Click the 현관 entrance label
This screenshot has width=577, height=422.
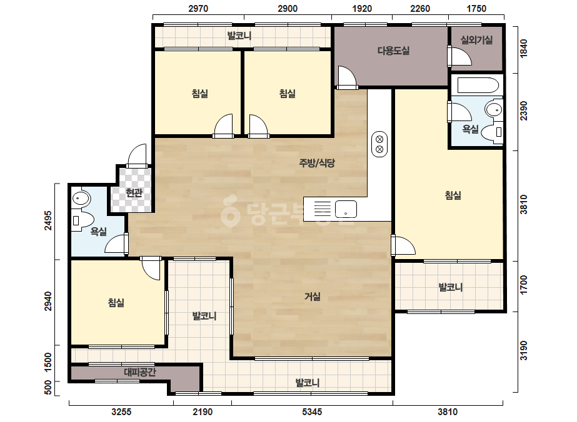click(x=134, y=193)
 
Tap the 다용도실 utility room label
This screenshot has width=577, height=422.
click(x=393, y=51)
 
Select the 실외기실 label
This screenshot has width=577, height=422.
click(x=476, y=40)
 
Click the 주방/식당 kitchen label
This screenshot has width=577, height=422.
click(x=317, y=163)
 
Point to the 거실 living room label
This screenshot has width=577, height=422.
click(x=313, y=297)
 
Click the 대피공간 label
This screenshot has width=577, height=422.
click(x=140, y=373)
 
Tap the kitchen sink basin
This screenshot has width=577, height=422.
click(x=346, y=209)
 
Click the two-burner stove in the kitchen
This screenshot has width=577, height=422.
click(x=379, y=144)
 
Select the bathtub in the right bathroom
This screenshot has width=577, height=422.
click(x=478, y=86)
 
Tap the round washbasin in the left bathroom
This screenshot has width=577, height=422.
click(x=81, y=199)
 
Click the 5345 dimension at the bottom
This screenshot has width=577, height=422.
click(x=312, y=412)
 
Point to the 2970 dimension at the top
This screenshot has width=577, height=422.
click(x=198, y=9)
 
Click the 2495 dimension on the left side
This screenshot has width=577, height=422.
click(x=48, y=220)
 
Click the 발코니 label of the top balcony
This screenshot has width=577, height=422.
click(x=239, y=36)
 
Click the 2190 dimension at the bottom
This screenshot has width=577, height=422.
click(x=203, y=412)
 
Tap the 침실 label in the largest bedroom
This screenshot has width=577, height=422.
click(x=453, y=195)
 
